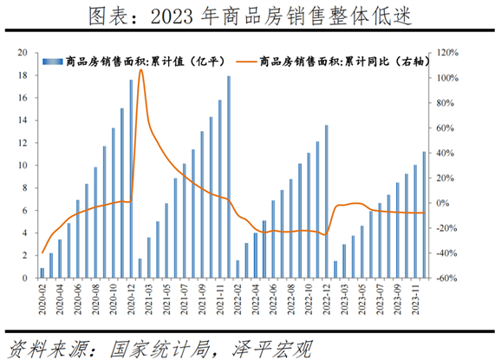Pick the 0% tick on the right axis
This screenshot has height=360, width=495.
pos(442,203)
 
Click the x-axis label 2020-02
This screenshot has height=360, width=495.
pos(42,300)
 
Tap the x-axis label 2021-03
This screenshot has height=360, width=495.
pos(150,300)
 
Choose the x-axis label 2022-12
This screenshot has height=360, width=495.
pos(327,300)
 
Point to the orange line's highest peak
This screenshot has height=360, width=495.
pos(140,69)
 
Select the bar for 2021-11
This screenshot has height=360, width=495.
pos(229,178)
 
